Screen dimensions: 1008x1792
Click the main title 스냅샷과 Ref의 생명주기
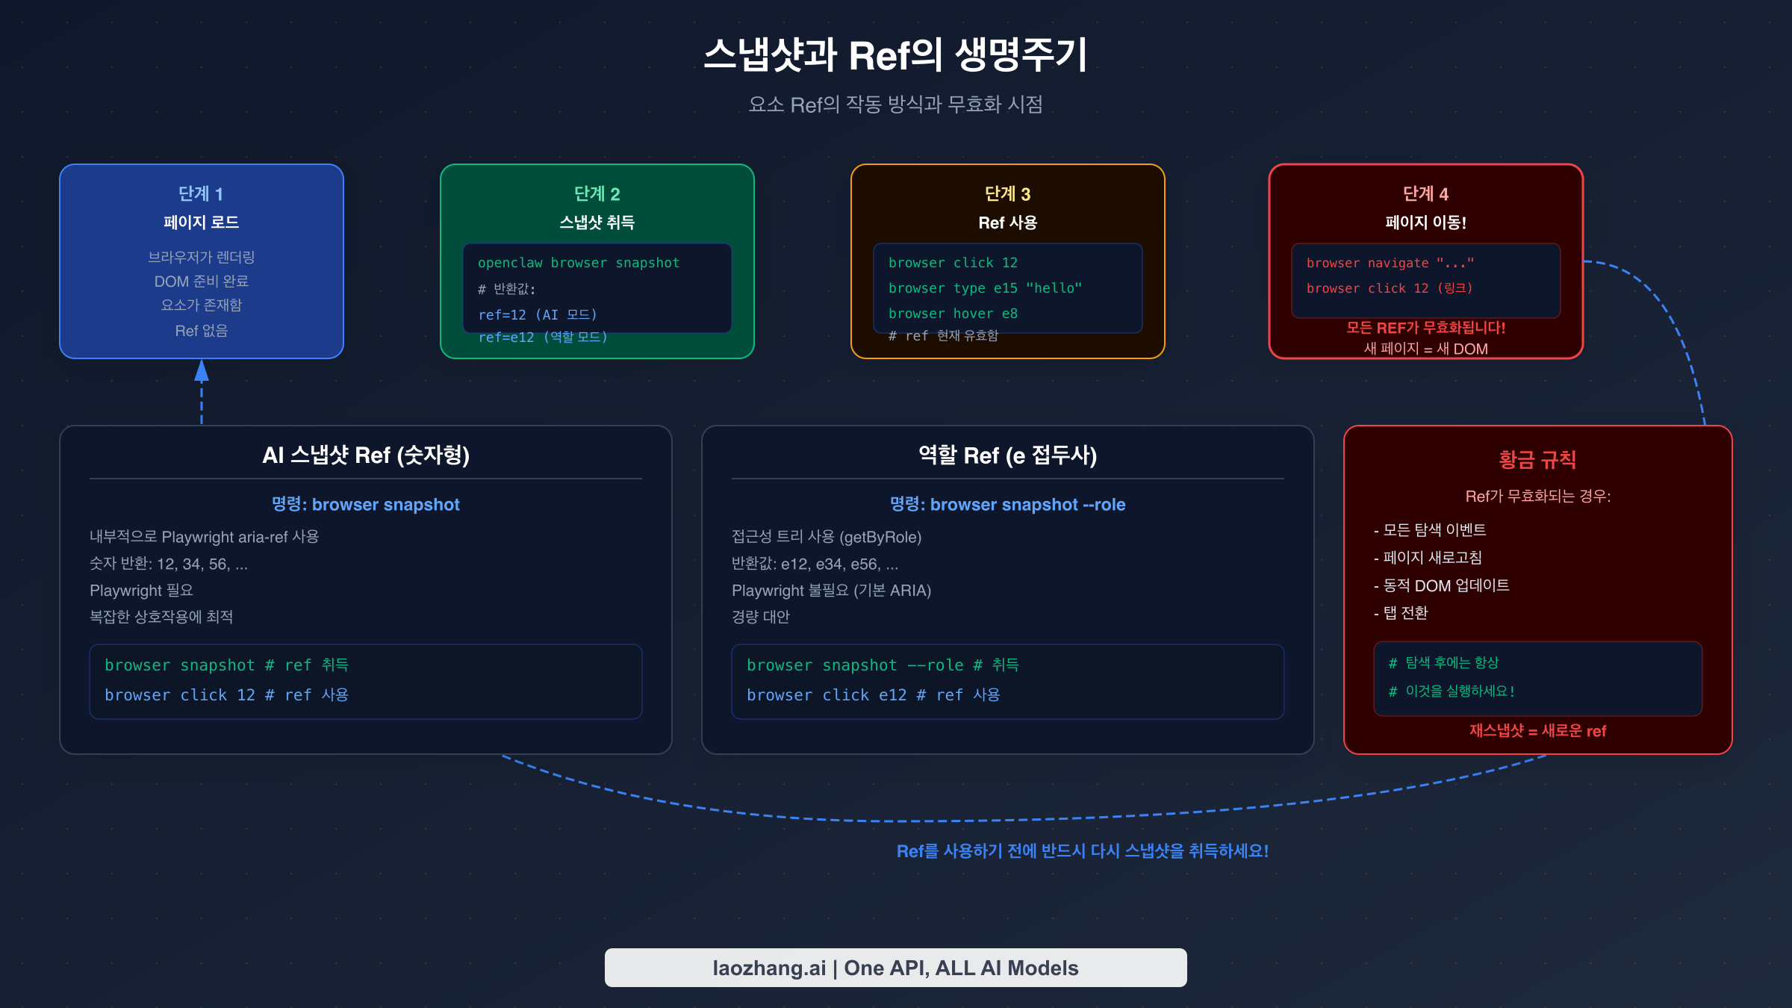click(x=895, y=56)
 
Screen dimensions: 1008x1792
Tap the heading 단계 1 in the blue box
click(x=201, y=194)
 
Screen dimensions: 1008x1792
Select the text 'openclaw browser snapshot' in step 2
click(x=579, y=263)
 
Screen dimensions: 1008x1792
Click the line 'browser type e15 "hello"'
click(x=985, y=288)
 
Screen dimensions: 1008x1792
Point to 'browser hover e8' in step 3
click(x=953, y=314)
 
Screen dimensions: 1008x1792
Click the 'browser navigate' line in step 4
click(x=1390, y=263)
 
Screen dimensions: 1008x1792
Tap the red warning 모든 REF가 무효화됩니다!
click(x=1425, y=328)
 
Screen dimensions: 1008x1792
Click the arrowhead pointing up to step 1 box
click(x=202, y=370)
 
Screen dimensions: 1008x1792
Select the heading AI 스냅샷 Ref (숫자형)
click(x=366, y=455)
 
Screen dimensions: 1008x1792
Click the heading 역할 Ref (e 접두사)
click(x=1007, y=455)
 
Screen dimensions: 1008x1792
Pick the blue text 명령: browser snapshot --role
click(x=1007, y=505)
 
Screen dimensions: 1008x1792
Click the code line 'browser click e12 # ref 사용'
click(x=873, y=695)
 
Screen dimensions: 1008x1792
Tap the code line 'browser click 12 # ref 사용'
click(x=226, y=695)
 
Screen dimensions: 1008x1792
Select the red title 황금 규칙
click(x=1537, y=460)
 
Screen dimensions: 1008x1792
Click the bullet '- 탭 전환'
click(x=1401, y=613)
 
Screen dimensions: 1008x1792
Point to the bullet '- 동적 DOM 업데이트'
click(x=1441, y=585)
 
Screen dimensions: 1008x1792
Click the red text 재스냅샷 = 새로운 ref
click(x=1537, y=731)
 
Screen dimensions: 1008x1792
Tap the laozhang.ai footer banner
click(x=895, y=968)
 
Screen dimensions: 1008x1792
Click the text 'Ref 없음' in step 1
click(x=201, y=331)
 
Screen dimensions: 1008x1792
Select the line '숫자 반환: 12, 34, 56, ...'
click(x=169, y=564)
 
